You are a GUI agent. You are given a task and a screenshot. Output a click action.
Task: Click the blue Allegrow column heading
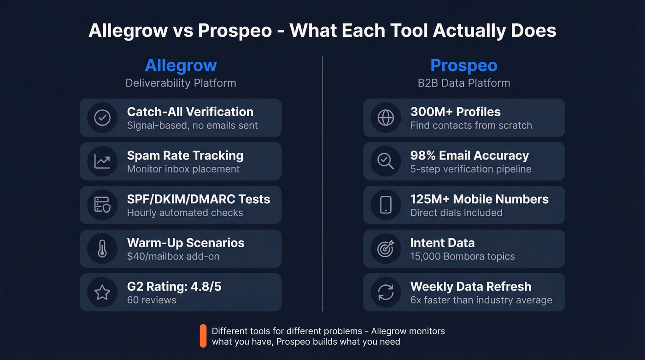click(x=181, y=65)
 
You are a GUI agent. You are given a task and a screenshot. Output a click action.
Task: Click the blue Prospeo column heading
click(x=463, y=65)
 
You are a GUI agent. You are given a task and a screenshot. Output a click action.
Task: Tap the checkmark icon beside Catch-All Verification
click(x=102, y=118)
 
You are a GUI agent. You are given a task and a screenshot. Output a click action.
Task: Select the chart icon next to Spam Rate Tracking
click(x=102, y=161)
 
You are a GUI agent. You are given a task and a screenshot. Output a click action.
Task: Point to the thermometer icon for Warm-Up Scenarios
click(x=102, y=249)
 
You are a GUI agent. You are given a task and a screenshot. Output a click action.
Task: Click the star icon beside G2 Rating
click(x=102, y=292)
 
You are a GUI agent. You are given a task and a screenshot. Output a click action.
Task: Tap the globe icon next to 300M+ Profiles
click(x=386, y=118)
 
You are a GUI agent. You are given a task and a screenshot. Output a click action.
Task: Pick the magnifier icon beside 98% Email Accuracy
click(x=386, y=161)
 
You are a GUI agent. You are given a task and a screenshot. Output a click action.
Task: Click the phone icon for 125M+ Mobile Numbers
click(x=386, y=205)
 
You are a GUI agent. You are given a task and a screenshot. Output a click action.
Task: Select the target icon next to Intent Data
click(x=386, y=249)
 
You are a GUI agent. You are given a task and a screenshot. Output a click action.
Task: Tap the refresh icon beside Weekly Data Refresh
click(x=386, y=292)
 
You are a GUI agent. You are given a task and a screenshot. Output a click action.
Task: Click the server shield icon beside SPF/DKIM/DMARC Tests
click(x=102, y=205)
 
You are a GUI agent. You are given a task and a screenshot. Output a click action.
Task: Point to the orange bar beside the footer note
click(x=203, y=336)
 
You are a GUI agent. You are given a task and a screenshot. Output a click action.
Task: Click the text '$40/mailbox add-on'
click(x=173, y=256)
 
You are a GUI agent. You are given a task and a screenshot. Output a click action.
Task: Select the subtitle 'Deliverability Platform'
click(x=181, y=83)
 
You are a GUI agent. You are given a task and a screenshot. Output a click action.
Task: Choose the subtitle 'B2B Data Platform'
click(x=463, y=83)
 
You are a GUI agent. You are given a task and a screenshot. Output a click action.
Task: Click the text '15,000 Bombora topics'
click(x=463, y=256)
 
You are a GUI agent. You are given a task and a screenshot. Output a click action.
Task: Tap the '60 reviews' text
click(x=152, y=300)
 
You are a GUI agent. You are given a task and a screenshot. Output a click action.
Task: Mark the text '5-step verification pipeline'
click(x=471, y=169)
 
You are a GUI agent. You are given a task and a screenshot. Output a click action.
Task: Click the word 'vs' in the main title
click(x=183, y=30)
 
